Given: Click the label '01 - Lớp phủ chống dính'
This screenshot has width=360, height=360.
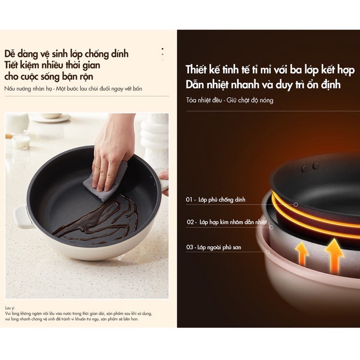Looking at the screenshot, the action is click(216, 199).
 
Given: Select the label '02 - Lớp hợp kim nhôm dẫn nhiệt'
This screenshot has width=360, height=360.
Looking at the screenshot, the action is click(227, 222).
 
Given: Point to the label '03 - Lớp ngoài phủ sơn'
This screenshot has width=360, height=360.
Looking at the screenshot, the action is click(213, 247).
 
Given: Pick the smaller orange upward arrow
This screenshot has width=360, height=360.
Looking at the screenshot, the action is click(301, 254).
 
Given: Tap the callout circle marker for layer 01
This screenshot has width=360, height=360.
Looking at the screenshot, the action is click(296, 204).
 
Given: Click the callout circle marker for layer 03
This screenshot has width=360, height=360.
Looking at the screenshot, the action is click(267, 252).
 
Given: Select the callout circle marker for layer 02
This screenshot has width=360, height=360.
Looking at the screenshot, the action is click(271, 227).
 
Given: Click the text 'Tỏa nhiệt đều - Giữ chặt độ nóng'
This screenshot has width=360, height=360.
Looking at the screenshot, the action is click(230, 100).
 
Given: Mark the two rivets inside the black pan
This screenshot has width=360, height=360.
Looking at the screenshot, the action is click(310, 167).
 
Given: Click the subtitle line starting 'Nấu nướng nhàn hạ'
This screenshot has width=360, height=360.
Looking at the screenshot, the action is click(73, 89).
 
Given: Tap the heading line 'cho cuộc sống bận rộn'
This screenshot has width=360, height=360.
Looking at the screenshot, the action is click(49, 76).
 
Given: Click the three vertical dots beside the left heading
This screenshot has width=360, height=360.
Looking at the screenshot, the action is click(162, 54).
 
